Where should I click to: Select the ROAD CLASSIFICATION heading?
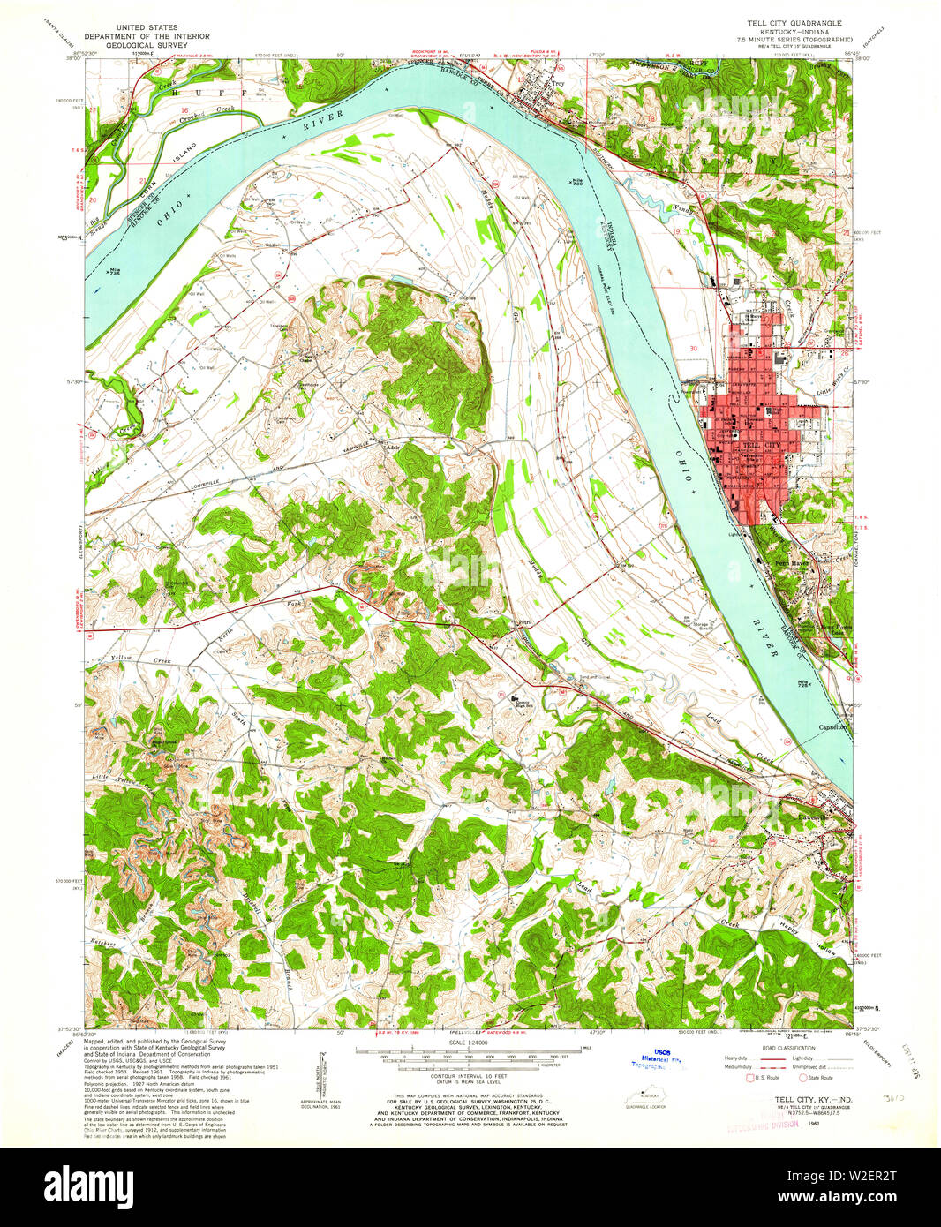784,1048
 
